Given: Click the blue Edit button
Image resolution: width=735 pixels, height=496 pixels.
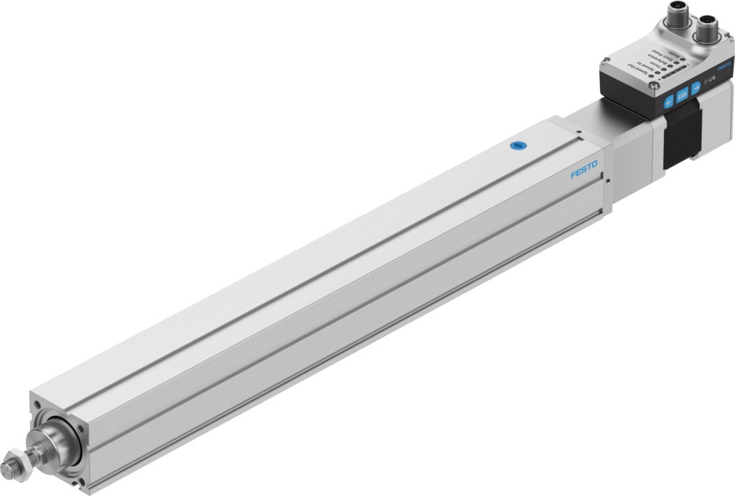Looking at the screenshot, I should (682, 94).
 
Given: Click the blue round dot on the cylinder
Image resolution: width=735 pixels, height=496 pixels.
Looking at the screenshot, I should (516, 146).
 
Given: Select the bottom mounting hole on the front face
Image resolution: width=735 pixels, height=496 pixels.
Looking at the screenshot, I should (84, 481).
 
